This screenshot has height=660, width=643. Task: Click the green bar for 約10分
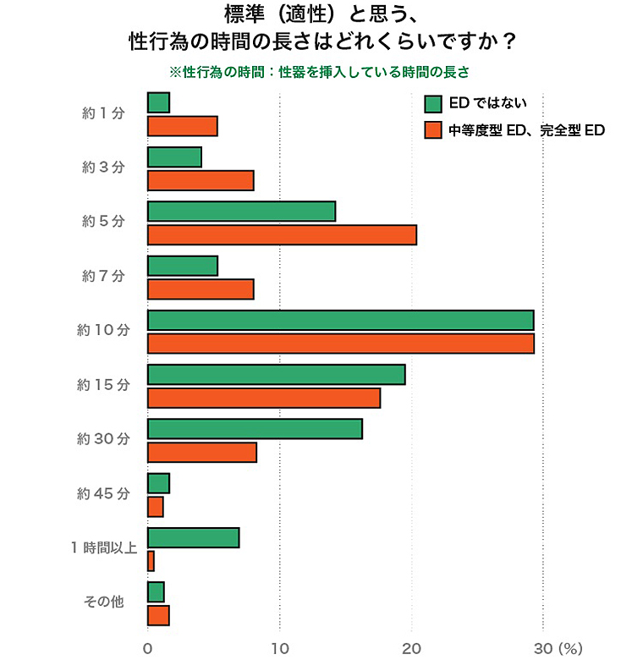point(340,320)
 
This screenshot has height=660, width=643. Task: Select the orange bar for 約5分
point(282,234)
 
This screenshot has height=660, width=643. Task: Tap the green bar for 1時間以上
point(193,537)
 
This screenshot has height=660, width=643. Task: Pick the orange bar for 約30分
point(201,453)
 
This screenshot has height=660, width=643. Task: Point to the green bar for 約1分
point(158,102)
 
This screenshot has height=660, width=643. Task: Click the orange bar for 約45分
point(155,506)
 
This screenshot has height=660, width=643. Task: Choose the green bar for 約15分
point(276,374)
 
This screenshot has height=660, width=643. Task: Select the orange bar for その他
point(158,615)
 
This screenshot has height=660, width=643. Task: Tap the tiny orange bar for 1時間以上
point(151,561)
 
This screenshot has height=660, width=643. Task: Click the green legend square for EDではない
point(433,103)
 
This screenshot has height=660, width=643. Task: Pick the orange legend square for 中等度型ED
point(433,130)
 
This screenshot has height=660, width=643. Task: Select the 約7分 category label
point(103,276)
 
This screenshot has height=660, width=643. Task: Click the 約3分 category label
point(103,168)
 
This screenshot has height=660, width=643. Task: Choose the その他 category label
point(103,602)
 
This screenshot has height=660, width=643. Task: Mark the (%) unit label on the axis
point(571,649)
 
